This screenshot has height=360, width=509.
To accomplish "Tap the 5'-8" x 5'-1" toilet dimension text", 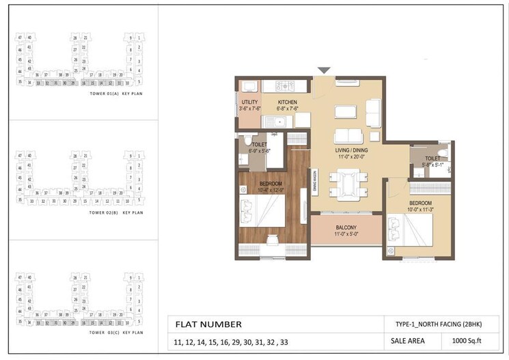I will pyautogui.click(x=424, y=164).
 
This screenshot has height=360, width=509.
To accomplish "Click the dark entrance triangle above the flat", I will pyautogui.click(x=324, y=70).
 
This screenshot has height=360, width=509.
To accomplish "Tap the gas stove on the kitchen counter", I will pyautogui.click(x=284, y=86).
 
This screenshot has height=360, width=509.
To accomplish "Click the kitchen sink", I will pyautogui.click(x=276, y=122).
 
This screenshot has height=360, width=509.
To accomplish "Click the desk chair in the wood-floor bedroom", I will pyautogui.click(x=269, y=240).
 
